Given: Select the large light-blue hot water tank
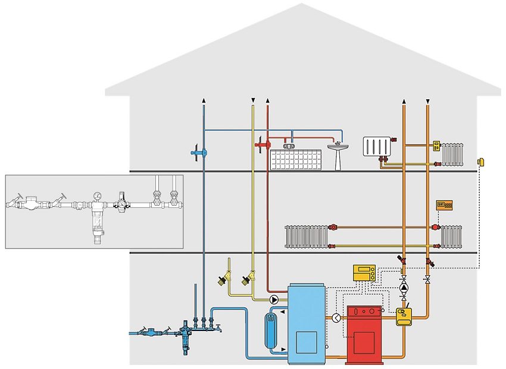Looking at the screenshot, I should tap(306, 324).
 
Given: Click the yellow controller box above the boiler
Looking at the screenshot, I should tap(364, 273).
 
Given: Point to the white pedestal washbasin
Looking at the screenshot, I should tap(338, 154).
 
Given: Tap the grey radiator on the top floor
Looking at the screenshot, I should tap(452, 154).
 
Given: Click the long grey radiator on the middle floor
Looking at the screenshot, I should tap(306, 236).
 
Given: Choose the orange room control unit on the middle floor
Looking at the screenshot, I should tap(444, 205).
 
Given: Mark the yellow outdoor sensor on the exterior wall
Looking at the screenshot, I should tap(480, 162).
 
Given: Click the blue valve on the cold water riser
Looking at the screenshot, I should tap(197, 153).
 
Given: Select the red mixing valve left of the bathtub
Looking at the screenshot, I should tap(263, 144).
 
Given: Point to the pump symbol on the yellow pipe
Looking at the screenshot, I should tap(275, 299).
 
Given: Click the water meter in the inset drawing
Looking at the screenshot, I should tap(26, 204).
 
